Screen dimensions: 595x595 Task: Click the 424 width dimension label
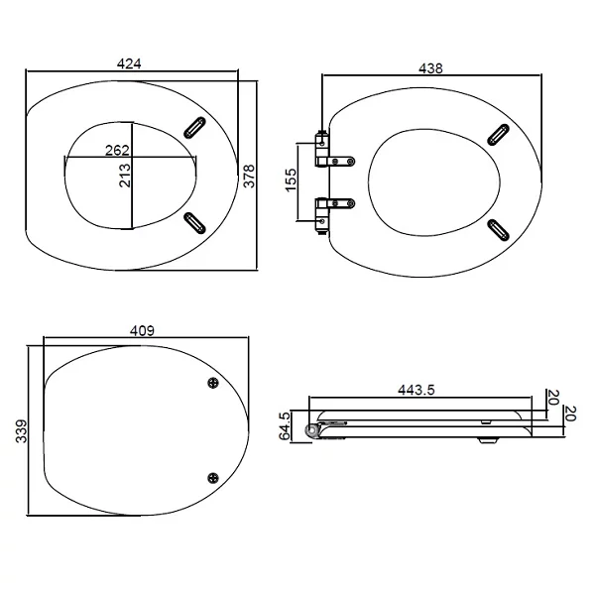pyautogui.click(x=129, y=63)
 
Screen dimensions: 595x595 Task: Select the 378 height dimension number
pyautogui.click(x=249, y=176)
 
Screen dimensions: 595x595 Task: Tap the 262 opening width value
pyautogui.click(x=117, y=151)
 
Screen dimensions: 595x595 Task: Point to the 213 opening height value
pyautogui.click(x=125, y=176)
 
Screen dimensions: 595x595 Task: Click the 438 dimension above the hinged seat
pyautogui.click(x=430, y=68)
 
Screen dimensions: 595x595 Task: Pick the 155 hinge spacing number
pyautogui.click(x=291, y=180)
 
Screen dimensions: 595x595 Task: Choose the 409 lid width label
pyautogui.click(x=142, y=331)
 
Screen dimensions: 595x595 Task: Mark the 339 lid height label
pyautogui.click(x=22, y=431)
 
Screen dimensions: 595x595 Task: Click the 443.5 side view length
pyautogui.click(x=416, y=390)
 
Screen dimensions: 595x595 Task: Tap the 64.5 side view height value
pyautogui.click(x=285, y=425)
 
